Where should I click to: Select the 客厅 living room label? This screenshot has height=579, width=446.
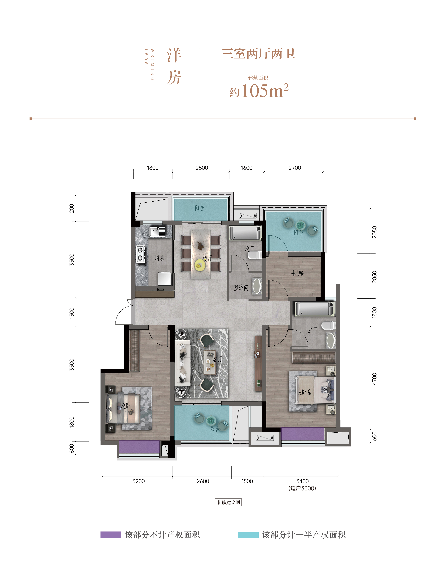coord(218,359)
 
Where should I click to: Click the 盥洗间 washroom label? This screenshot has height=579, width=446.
coord(241,288)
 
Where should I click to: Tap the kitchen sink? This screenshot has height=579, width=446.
coord(157,231)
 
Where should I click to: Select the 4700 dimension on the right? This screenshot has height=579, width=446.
coord(374,379)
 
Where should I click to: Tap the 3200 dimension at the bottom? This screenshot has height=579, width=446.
coord(138,481)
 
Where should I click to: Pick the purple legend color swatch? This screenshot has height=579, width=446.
coord(111,535)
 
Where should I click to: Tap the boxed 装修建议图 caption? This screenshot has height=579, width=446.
coord(228,502)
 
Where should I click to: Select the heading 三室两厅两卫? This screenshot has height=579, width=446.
coord(258,54)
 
